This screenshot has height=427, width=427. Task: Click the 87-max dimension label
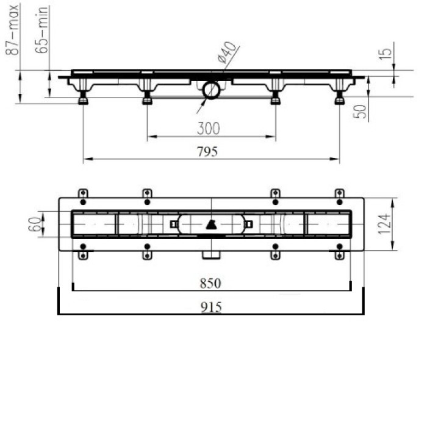pyautogui.click(x=13, y=30)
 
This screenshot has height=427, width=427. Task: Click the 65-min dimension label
pyautogui.click(x=42, y=30)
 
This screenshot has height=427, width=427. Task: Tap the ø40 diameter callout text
pyautogui.click(x=226, y=52)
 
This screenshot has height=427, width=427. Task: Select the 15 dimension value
pyautogui.click(x=386, y=54)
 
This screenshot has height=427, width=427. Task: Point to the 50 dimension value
pyautogui.click(x=360, y=112)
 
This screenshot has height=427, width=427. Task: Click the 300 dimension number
pyautogui.click(x=209, y=129)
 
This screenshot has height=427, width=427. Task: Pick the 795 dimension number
pyautogui.click(x=207, y=151)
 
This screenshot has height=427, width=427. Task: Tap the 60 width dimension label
pyautogui.click(x=35, y=224)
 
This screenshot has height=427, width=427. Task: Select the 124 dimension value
pyautogui.click(x=384, y=224)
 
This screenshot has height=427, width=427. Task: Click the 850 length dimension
pyautogui.click(x=210, y=284)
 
